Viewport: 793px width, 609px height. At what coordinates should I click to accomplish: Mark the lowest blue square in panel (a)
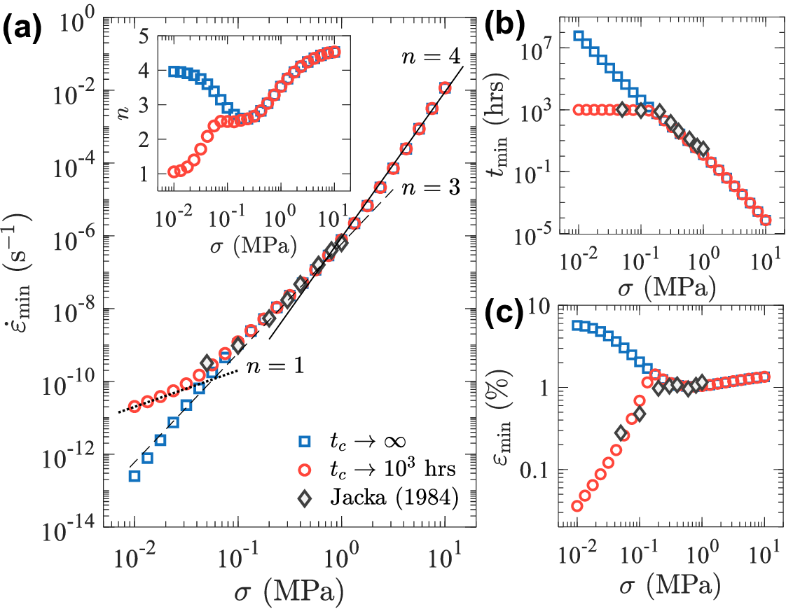tap(135, 476)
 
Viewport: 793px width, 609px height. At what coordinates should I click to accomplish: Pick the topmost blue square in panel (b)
tap(579, 36)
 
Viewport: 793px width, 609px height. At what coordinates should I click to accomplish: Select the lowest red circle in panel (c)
tap(577, 505)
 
